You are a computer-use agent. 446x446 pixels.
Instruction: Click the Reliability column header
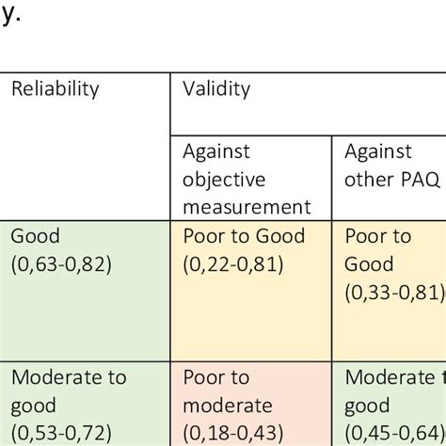coord(55,89)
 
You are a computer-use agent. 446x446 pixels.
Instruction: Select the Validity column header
coord(216,89)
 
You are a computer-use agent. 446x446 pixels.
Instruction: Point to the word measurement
coord(247,206)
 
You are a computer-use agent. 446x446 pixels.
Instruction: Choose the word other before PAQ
coord(370,179)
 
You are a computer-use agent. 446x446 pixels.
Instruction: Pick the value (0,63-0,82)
coord(61,264)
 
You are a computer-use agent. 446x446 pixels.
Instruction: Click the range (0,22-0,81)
coord(234,264)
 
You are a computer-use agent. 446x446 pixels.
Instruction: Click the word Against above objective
coord(217,151)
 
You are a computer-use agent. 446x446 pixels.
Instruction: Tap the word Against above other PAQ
coord(378,151)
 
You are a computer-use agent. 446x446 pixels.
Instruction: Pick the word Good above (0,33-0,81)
coord(369,264)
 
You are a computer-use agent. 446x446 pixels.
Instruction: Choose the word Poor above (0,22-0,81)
coord(203,237)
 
